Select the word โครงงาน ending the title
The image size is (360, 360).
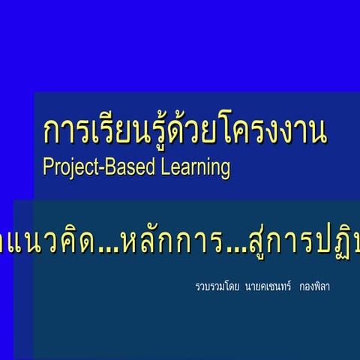point(277,132)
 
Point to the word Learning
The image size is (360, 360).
point(196,167)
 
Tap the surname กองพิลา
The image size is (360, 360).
point(314,286)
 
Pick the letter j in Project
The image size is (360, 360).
point(67,168)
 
